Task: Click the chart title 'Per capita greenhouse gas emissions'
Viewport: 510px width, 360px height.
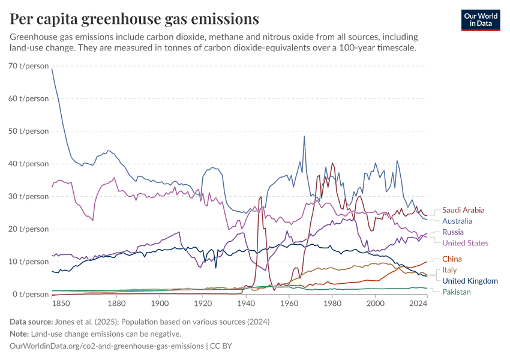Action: [x=135, y=19]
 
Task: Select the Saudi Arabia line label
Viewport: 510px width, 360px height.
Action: [x=463, y=211]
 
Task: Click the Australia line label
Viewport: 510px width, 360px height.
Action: [x=457, y=221]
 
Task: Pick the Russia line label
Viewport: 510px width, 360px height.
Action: [x=452, y=232]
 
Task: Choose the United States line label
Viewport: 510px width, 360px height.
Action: [x=465, y=243]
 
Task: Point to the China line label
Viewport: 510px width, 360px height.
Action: [x=451, y=259]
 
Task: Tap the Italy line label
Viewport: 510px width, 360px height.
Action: [x=449, y=270]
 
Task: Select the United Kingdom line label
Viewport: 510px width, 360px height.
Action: [x=470, y=281]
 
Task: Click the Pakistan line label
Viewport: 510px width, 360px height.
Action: [x=457, y=292]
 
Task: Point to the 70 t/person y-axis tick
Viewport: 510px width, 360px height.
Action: [x=29, y=65]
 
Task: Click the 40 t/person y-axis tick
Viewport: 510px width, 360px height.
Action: [x=29, y=163]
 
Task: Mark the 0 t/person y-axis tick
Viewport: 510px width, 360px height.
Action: [x=31, y=294]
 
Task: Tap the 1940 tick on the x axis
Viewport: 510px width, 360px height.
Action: [x=246, y=304]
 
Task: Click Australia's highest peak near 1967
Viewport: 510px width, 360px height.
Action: [x=304, y=136]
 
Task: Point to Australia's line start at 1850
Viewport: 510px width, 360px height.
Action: [x=52, y=69]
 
